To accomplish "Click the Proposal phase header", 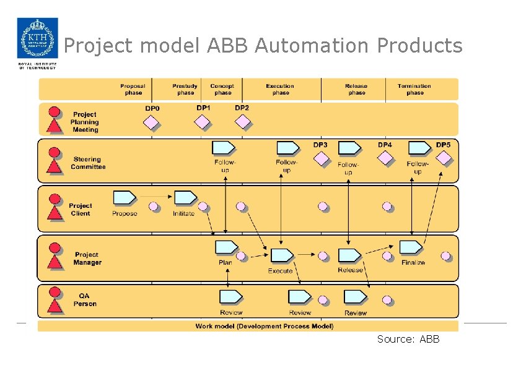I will click(x=133, y=90).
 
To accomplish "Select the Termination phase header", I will click(x=414, y=90).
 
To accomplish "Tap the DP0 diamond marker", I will click(x=152, y=122).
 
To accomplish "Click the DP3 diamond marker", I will click(x=321, y=159).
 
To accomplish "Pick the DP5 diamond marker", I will click(x=444, y=159).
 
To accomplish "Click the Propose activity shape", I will click(x=125, y=198).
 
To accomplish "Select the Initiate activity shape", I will click(x=185, y=198).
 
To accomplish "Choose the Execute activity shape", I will click(x=282, y=255).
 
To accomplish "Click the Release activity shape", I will click(x=350, y=255).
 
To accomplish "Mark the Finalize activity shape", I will click(x=411, y=247).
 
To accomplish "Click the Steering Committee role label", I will click(x=88, y=163).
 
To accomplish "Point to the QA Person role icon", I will click(x=55, y=299).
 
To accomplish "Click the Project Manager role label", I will click(x=87, y=259).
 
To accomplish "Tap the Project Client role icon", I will click(x=55, y=208).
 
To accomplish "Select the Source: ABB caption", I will click(x=408, y=339).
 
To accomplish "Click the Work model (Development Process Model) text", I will click(x=264, y=326).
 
